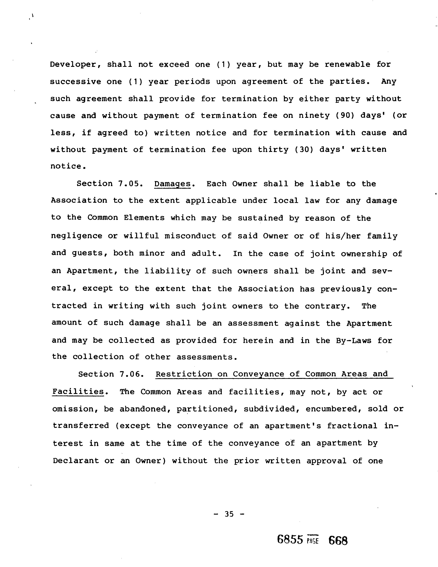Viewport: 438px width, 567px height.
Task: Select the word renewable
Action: click(x=347, y=64)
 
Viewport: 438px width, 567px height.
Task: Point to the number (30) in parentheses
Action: click(x=301, y=150)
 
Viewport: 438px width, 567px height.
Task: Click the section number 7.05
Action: click(x=130, y=184)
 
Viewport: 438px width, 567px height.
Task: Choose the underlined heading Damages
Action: click(x=172, y=184)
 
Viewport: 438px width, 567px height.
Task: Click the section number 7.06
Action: click(x=132, y=374)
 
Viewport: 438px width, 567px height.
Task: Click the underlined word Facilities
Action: click(x=78, y=392)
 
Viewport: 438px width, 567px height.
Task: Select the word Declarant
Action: click(x=76, y=461)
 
